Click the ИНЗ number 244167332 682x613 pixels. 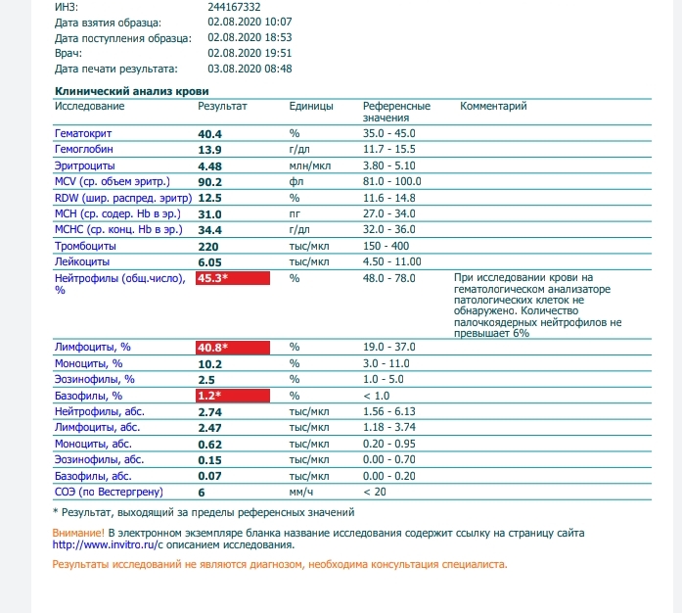click(x=235, y=6)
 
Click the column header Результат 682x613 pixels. click(x=222, y=106)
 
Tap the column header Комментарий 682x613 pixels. click(x=493, y=106)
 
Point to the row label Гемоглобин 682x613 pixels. click(x=84, y=149)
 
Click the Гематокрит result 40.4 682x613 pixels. click(x=210, y=133)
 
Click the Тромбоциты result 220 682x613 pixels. click(x=207, y=246)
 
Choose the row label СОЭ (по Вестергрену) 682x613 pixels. click(x=107, y=492)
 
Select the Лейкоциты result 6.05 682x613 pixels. click(x=211, y=262)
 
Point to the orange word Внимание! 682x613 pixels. click(x=78, y=533)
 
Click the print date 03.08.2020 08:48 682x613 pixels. click(x=250, y=69)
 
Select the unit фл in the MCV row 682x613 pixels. click(x=295, y=181)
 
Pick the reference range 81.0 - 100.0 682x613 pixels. click(x=392, y=181)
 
